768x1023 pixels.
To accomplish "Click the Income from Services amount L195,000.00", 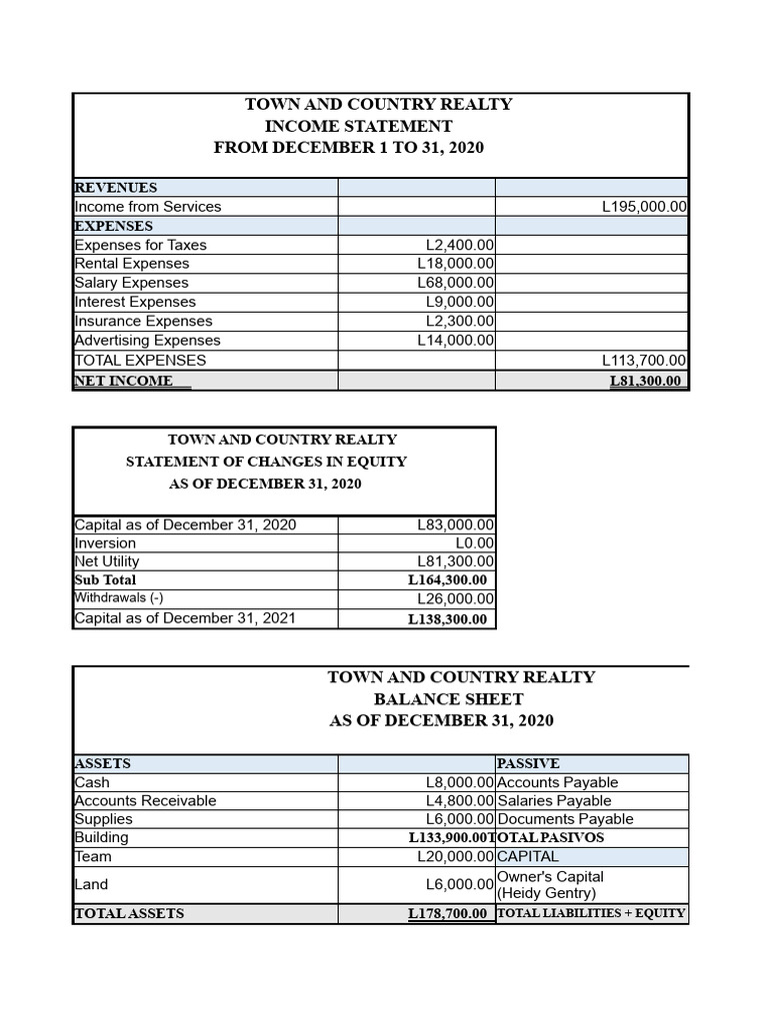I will (643, 207).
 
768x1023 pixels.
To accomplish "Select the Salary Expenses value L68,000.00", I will (455, 283).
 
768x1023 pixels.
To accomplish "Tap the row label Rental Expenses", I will (132, 264).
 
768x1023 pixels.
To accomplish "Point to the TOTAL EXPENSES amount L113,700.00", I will (643, 360).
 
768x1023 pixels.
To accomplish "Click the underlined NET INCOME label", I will (124, 381).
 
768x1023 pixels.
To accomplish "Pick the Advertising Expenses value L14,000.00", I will (455, 340).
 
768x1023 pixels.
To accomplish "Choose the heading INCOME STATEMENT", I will (358, 126).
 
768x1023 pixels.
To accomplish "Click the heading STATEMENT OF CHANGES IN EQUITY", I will (266, 462).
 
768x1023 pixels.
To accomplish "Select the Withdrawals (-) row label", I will (119, 597).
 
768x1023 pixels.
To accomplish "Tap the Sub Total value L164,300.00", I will (447, 579).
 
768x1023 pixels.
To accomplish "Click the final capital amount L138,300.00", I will (447, 618).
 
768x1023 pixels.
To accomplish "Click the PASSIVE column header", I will (528, 763).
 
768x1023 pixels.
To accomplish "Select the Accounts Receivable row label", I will (145, 800).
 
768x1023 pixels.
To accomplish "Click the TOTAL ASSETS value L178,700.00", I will (447, 913).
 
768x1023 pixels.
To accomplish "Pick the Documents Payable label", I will (565, 819).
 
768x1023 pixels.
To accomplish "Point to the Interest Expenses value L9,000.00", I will (459, 302).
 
